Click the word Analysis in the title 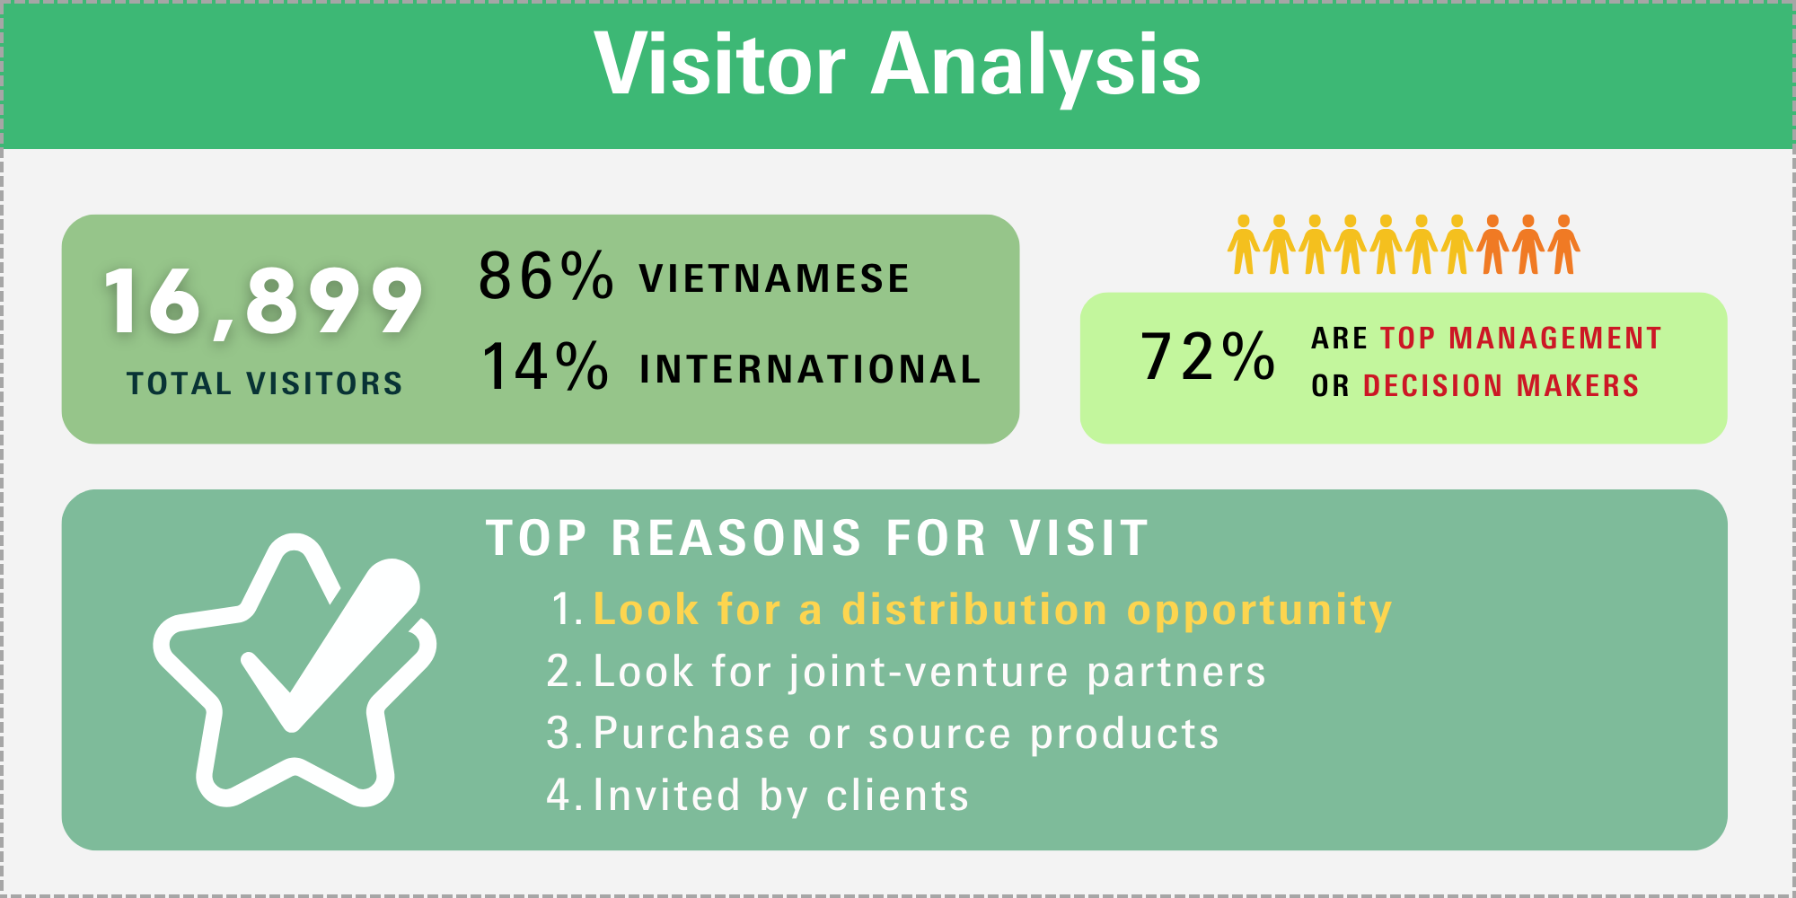click(x=1036, y=67)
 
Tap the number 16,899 click(x=263, y=302)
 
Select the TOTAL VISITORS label click(x=265, y=383)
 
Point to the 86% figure click(x=546, y=276)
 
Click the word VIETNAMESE click(x=775, y=278)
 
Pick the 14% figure click(x=545, y=365)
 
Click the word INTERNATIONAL click(x=810, y=369)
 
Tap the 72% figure click(x=1208, y=356)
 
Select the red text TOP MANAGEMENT click(x=1521, y=339)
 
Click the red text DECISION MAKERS click(x=1501, y=386)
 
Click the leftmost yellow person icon click(x=1244, y=244)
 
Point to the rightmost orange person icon click(x=1563, y=244)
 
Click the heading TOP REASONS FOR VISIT click(x=817, y=539)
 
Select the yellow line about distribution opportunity click(x=992, y=611)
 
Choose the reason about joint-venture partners click(x=929, y=673)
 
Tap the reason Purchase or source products click(x=906, y=735)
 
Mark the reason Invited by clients click(x=781, y=797)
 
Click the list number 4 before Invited click(x=559, y=796)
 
